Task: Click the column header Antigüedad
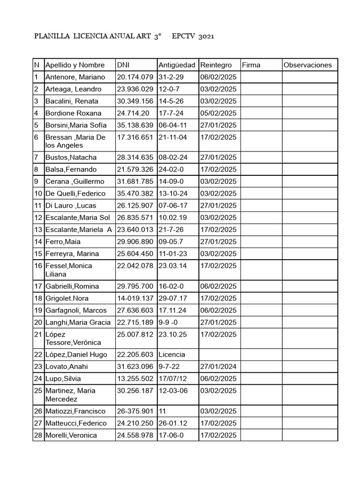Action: coord(178,65)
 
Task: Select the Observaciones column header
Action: coord(307,65)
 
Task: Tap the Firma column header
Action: coord(251,65)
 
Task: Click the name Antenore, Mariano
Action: coord(75,77)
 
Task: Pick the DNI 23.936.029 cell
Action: coord(135,89)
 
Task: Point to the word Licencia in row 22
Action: coord(172,355)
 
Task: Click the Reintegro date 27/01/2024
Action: coord(218,367)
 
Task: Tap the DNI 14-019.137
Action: coord(135,298)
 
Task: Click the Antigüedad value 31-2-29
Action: coord(172,77)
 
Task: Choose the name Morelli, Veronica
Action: coord(71,435)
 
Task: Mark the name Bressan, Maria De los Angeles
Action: coord(75,141)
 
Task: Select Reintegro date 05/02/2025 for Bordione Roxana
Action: coord(218,113)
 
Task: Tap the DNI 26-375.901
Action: coord(135,412)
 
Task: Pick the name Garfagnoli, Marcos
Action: coord(75,310)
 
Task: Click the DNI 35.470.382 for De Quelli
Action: coord(135,194)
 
